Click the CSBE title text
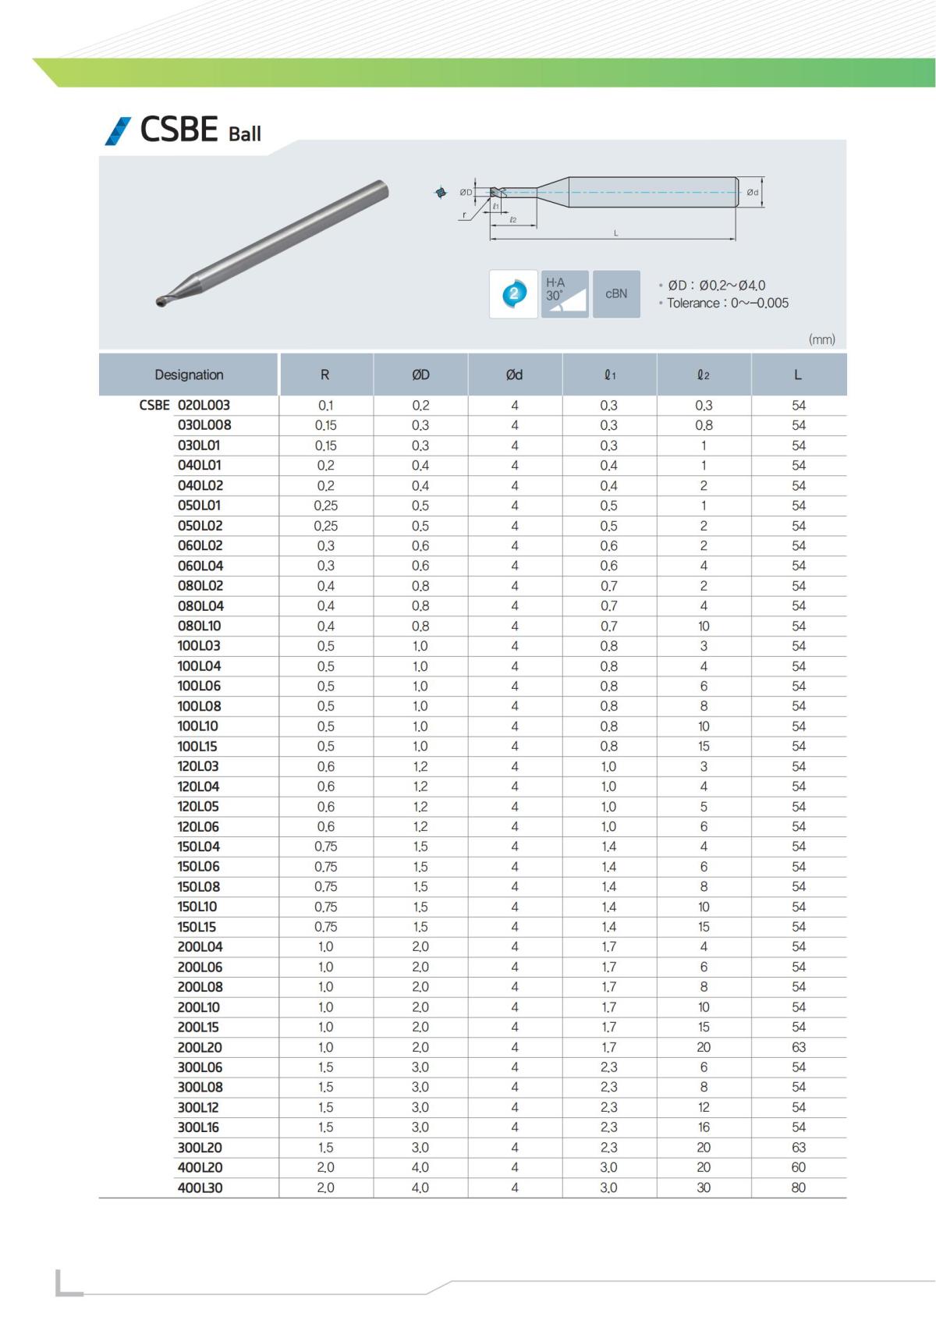coord(179,130)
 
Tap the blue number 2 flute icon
coord(513,294)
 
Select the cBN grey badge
coord(616,294)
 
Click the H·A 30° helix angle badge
coord(565,294)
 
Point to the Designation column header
coord(189,374)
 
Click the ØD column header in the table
coord(420,374)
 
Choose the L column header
coord(798,374)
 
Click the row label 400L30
coord(200,1187)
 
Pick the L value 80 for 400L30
coord(798,1187)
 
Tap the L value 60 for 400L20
coord(798,1167)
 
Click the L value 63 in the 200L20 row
coord(798,1047)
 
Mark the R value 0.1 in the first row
coord(325,406)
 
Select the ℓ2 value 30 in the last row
coord(704,1187)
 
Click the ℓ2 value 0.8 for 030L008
coord(704,425)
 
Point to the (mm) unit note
coord(822,339)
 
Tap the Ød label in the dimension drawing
coord(753,192)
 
